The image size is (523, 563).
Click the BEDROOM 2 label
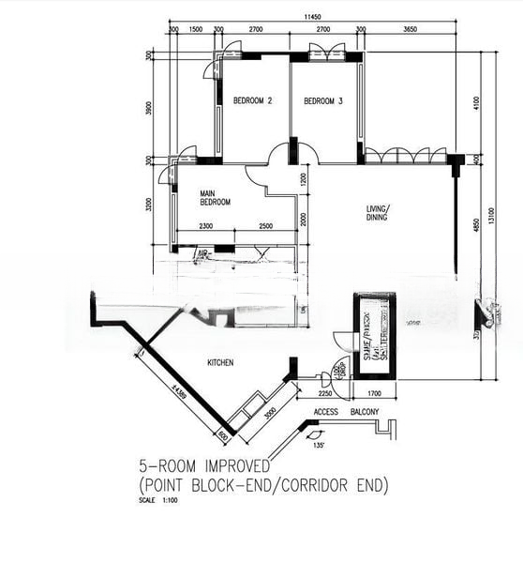tap(252, 100)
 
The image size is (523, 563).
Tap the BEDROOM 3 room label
tap(323, 100)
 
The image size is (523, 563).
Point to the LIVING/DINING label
tap(379, 213)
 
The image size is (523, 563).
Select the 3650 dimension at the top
tap(409, 30)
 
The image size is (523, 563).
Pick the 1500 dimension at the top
tap(196, 30)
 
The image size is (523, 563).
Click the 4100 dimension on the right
tap(476, 102)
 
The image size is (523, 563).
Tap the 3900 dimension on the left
tap(149, 108)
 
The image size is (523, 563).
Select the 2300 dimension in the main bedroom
tap(207, 226)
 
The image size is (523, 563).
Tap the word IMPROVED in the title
tap(229, 465)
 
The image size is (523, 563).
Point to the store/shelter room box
tap(374, 335)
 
